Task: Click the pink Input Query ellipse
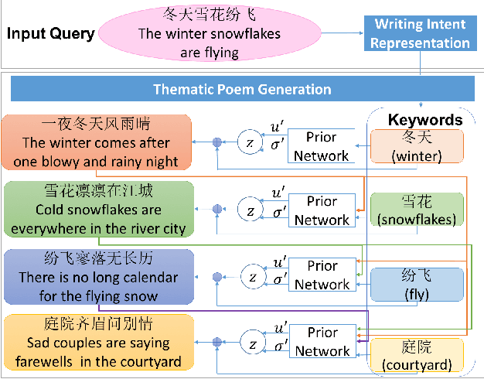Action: (x=209, y=34)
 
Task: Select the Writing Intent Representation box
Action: (x=421, y=33)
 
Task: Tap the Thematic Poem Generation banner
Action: (x=242, y=89)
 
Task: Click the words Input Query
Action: (x=51, y=34)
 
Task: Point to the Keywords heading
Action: (x=424, y=120)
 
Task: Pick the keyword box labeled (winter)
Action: (x=417, y=147)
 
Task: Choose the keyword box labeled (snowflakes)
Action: (x=417, y=210)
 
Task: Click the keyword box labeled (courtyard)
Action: (x=417, y=356)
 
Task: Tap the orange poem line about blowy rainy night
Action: (x=97, y=142)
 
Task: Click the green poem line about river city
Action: (x=98, y=209)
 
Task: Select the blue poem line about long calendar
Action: (x=98, y=277)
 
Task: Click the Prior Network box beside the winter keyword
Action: (x=322, y=146)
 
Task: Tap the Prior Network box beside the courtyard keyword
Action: (x=322, y=342)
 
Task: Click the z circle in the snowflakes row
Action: (x=251, y=210)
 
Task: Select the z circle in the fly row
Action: (x=251, y=275)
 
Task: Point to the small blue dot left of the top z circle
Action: (x=217, y=142)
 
